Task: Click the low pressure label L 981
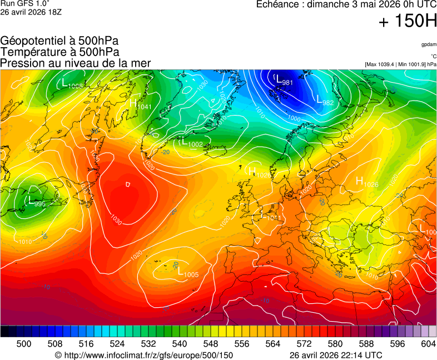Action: click(x=284, y=81)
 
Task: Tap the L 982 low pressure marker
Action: click(x=325, y=101)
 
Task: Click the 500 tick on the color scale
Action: click(x=24, y=344)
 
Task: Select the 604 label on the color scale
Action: click(x=428, y=344)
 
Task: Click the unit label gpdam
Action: click(x=429, y=44)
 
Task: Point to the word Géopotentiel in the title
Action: click(x=31, y=41)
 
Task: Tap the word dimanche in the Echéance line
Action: click(x=334, y=4)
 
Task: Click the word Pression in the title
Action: click(x=20, y=63)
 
